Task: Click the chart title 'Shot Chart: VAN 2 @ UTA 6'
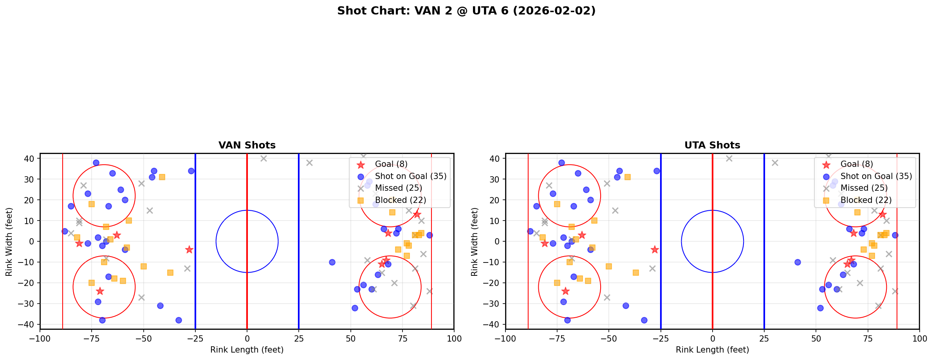(x=466, y=11)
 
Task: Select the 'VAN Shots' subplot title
(x=247, y=145)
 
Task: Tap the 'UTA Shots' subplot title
(x=712, y=145)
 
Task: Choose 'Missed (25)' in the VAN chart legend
(x=398, y=188)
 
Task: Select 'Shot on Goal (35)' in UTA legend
(x=876, y=176)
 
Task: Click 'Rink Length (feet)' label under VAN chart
(x=247, y=350)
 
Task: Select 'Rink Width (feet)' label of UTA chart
(x=475, y=242)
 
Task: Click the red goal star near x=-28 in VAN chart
(x=189, y=250)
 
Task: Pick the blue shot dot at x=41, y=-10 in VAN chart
(x=332, y=262)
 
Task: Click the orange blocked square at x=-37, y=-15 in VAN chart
(x=170, y=273)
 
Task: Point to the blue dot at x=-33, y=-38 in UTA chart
(x=644, y=320)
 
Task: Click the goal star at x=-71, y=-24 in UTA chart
(x=565, y=291)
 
